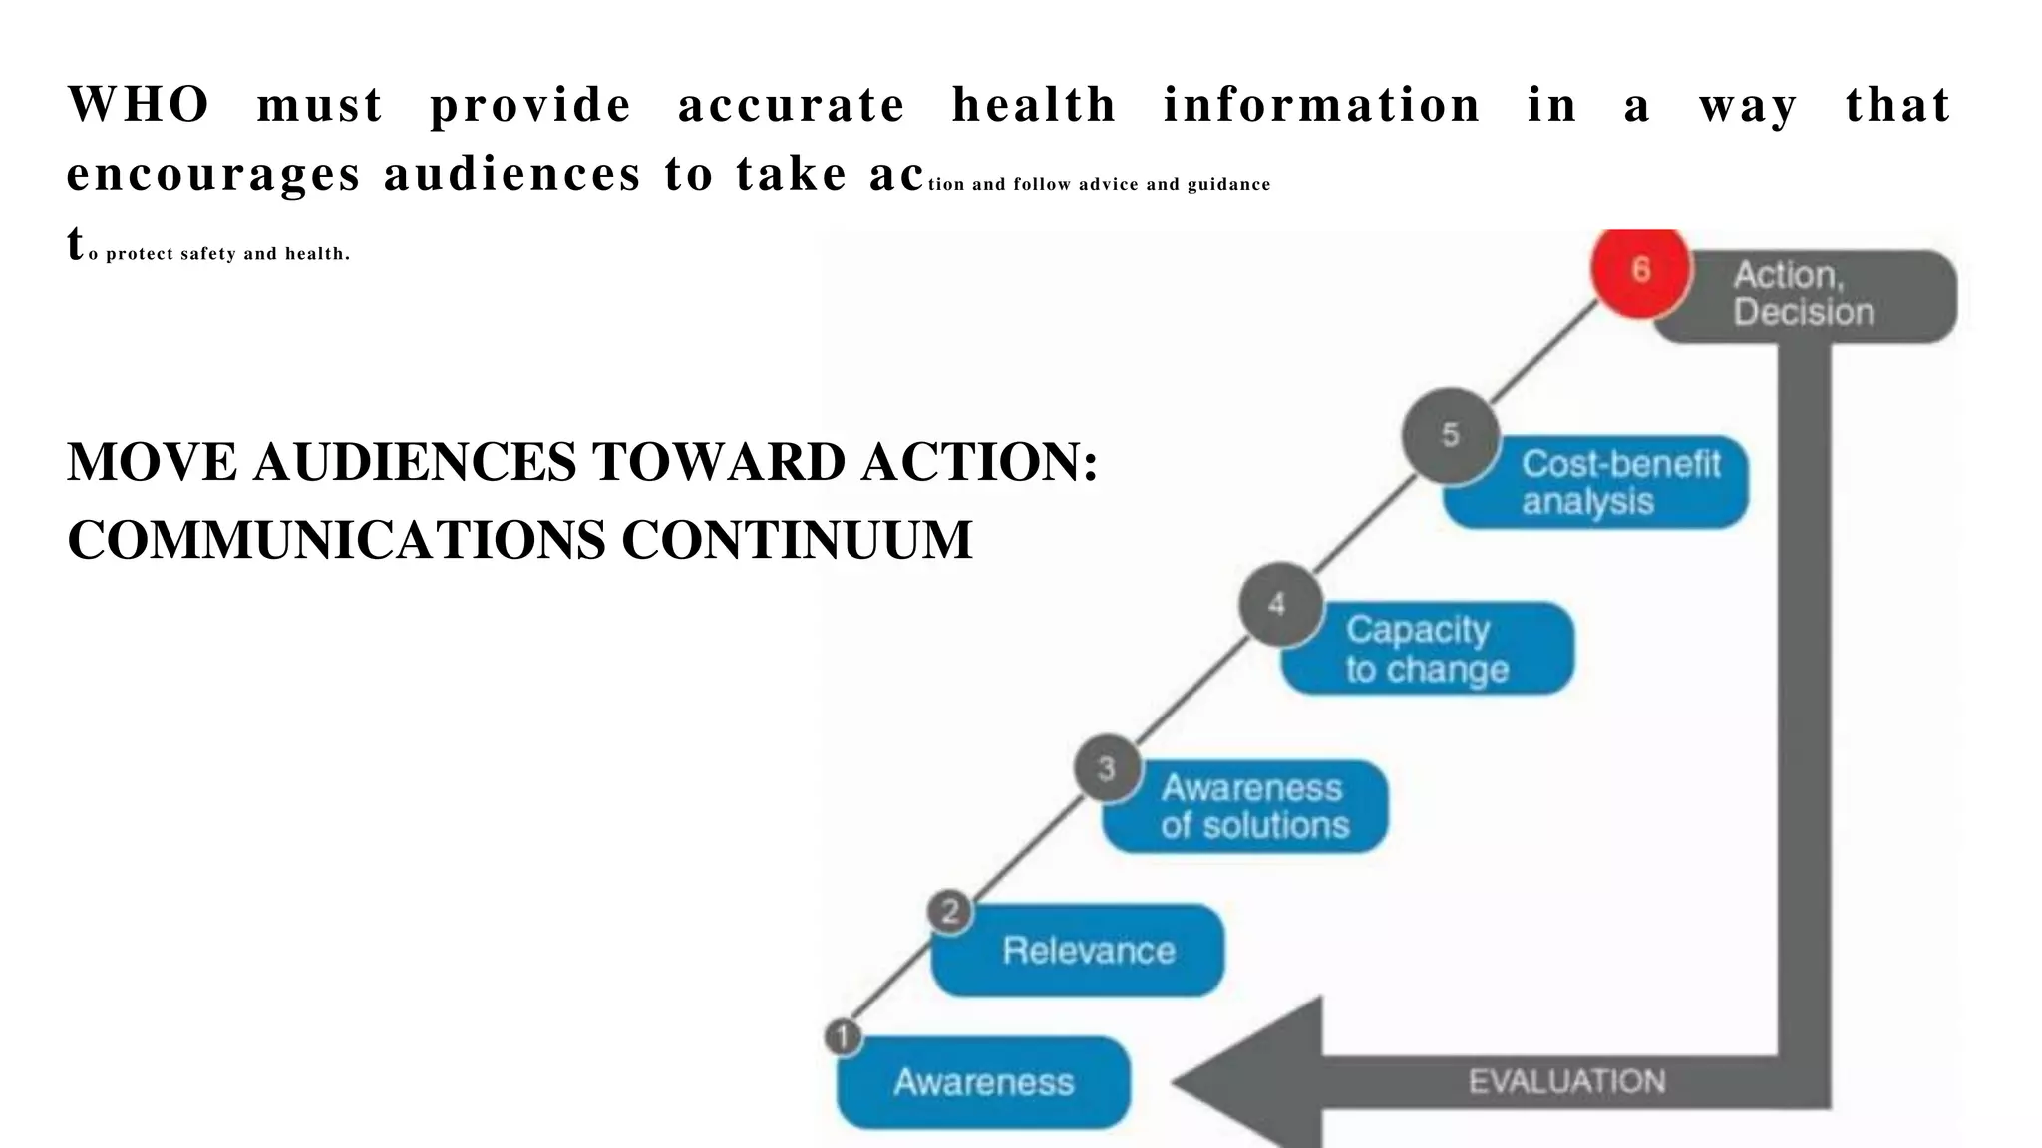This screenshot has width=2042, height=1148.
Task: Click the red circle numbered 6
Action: (x=1640, y=270)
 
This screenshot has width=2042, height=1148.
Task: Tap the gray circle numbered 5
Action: (x=1451, y=435)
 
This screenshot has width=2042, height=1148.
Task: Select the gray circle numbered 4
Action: (x=1279, y=605)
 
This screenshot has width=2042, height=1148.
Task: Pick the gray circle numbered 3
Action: (x=1107, y=769)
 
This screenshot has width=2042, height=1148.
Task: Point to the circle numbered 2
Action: (x=950, y=911)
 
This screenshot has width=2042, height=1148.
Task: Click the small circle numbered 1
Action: (x=844, y=1038)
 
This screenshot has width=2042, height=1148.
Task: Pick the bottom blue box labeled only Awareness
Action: (x=984, y=1083)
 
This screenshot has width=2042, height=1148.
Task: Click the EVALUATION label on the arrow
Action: (x=1566, y=1082)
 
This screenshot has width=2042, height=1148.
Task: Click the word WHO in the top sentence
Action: (x=139, y=105)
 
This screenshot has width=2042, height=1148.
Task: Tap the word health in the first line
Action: (x=1034, y=105)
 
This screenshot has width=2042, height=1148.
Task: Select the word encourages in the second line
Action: (x=212, y=175)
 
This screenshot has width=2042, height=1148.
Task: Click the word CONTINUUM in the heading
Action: (x=797, y=541)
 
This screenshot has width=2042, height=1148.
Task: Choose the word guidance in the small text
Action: (x=1228, y=185)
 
